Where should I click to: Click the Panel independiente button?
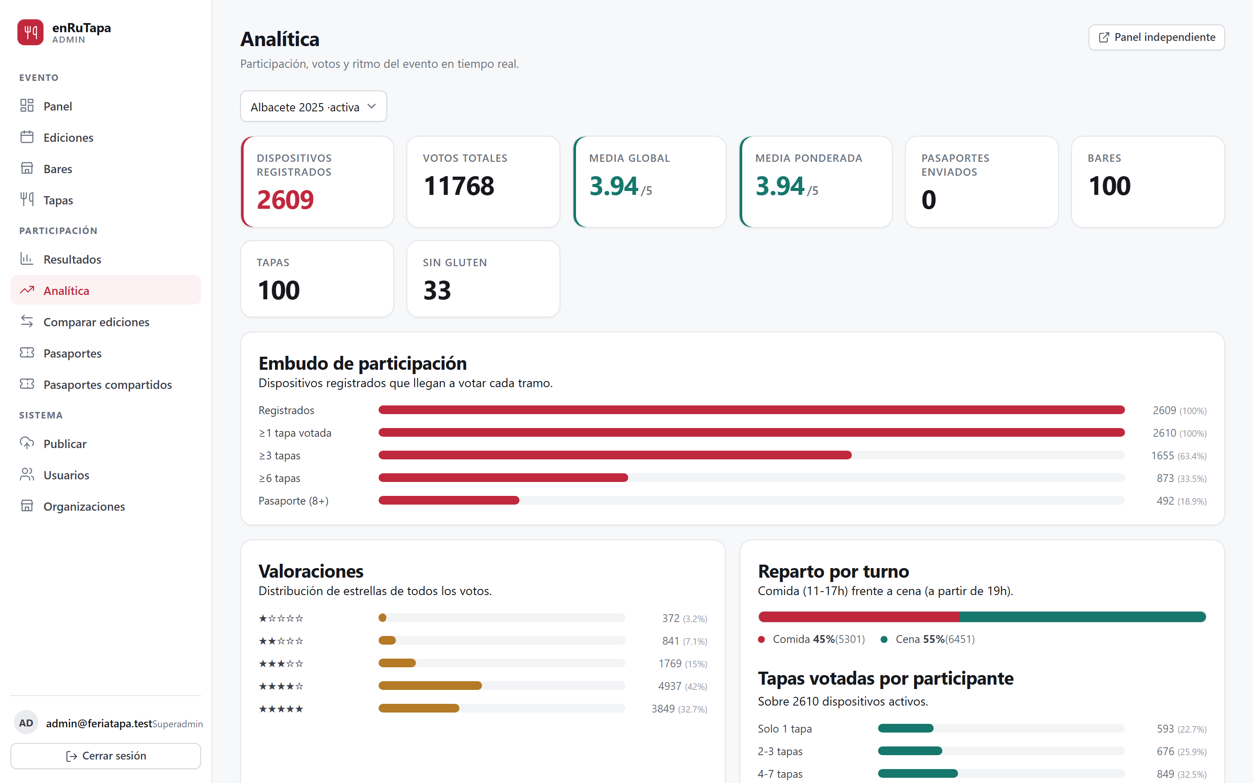(1156, 37)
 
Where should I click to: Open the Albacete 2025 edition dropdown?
(313, 107)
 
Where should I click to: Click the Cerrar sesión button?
(106, 756)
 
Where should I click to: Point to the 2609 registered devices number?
(285, 200)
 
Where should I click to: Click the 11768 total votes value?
(459, 186)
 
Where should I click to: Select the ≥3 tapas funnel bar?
(615, 455)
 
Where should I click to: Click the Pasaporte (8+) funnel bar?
(449, 500)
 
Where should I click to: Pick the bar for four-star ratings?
(430, 686)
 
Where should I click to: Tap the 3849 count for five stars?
(663, 709)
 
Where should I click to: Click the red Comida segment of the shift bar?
(859, 617)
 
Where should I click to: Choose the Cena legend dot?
(884, 639)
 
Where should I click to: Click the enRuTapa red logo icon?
(30, 32)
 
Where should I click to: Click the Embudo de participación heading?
(362, 364)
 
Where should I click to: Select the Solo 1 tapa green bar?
(905, 728)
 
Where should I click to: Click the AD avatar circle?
(27, 723)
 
